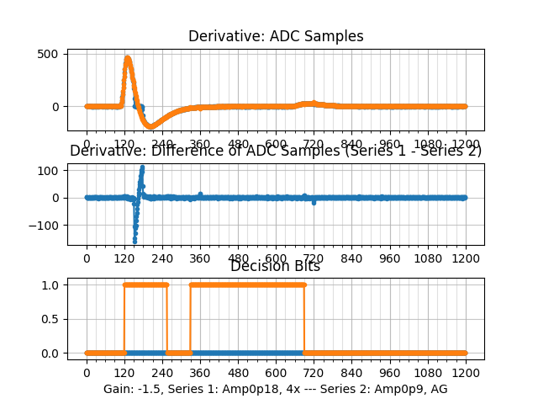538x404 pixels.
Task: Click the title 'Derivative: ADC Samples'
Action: pos(276,36)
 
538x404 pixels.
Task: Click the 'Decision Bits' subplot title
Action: pos(275,266)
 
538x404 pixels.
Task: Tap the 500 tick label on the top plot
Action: pos(49,54)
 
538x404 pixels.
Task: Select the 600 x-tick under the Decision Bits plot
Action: pos(276,373)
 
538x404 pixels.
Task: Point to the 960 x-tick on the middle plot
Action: pos(390,258)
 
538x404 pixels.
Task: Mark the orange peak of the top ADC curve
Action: pos(128,58)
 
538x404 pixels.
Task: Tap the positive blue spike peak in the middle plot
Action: pos(142,167)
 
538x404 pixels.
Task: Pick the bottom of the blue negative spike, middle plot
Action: pos(134,241)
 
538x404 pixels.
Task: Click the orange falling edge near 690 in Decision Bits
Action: pos(303,319)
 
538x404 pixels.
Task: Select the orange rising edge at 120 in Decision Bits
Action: pos(124,319)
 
